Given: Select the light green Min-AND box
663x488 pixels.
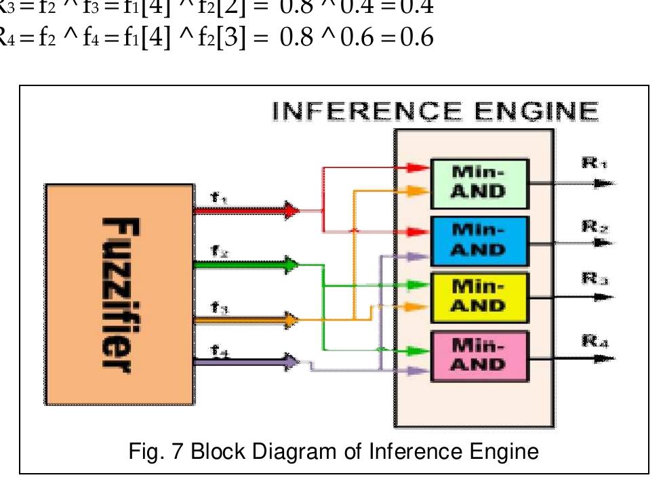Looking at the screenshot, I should [479, 182].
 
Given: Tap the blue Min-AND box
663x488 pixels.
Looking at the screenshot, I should [479, 241].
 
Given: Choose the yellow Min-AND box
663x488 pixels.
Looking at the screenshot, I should [479, 298].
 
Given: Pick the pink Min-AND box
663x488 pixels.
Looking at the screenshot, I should [479, 356].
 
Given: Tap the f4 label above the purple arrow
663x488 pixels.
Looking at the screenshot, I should [218, 350].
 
